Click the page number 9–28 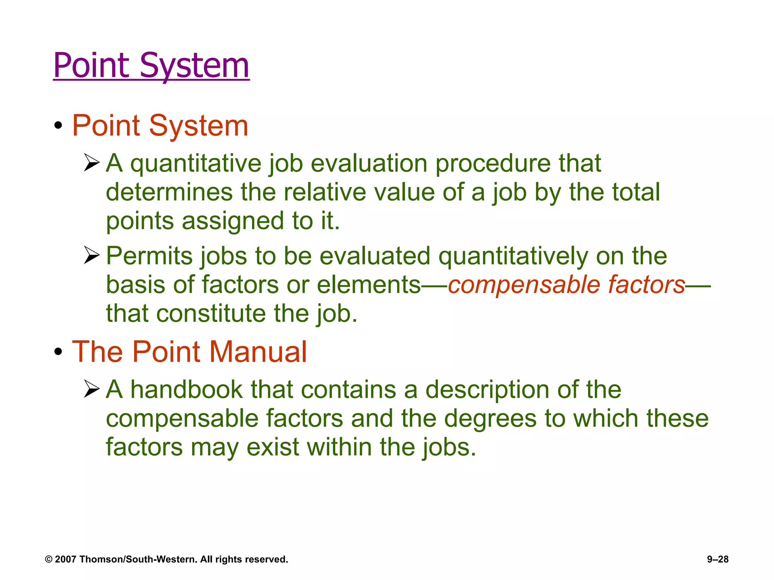718,559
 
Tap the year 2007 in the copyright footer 65,559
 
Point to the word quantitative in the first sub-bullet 195,164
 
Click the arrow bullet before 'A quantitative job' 91,163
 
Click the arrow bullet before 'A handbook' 91,389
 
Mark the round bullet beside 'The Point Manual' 58,352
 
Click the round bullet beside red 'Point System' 58,126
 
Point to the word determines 169,192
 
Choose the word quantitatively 513,256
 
